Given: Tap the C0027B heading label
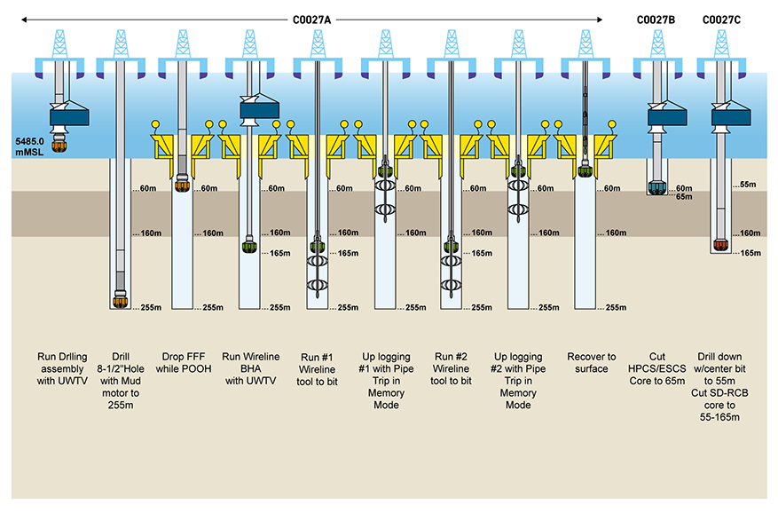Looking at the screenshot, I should coord(657,19).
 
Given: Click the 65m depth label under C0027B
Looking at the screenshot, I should coord(684,196).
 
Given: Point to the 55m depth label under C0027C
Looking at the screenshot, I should coord(747,185).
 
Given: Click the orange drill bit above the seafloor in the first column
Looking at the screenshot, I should coord(61,145).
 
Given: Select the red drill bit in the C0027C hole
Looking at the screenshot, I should coord(721,244).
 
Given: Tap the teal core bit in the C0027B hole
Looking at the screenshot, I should coord(656,187).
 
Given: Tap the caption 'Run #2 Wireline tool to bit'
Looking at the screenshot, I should coord(452,368).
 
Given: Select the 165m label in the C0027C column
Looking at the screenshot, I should coord(750,253).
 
